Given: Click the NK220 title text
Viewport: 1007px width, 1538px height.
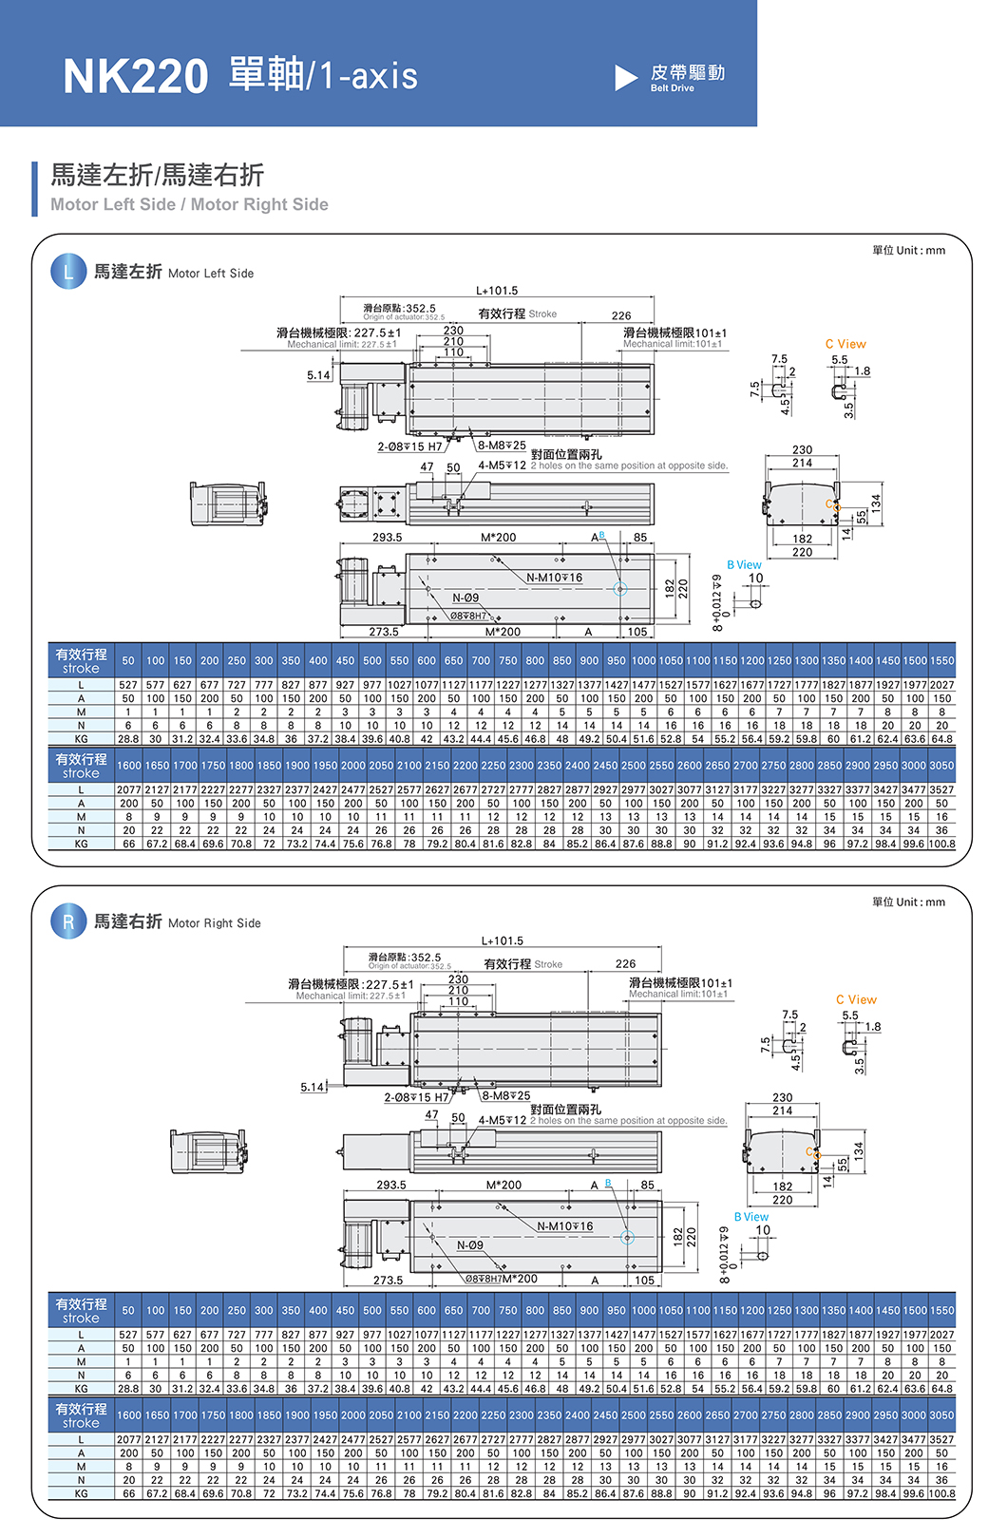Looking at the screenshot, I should click(135, 76).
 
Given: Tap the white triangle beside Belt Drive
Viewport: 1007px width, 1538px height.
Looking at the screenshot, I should click(625, 78).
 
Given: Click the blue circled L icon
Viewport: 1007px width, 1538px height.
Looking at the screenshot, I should click(67, 272).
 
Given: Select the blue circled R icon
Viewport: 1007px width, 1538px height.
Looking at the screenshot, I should click(67, 921).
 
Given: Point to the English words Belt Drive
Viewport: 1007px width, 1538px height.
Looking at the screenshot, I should click(672, 88).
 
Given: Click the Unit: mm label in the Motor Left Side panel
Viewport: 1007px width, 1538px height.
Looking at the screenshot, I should click(908, 251).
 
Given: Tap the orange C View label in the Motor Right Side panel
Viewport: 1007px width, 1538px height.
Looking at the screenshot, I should click(856, 999).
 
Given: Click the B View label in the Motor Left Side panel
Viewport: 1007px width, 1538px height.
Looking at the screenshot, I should click(744, 564).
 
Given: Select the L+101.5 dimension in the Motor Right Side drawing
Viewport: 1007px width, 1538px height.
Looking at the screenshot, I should click(503, 940).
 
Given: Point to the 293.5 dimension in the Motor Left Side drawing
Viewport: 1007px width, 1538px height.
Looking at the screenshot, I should click(387, 538).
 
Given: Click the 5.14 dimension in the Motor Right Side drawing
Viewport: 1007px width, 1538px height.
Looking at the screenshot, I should click(313, 1087).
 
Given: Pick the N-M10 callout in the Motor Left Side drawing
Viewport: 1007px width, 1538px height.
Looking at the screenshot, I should click(555, 578).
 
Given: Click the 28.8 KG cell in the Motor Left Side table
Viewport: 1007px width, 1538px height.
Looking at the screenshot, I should click(128, 738).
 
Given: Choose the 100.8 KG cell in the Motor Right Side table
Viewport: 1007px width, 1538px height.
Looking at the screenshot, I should click(941, 1493).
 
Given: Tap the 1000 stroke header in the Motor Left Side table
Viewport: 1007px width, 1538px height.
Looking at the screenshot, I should click(643, 660).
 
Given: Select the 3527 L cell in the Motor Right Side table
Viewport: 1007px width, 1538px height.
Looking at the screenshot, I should click(941, 1440).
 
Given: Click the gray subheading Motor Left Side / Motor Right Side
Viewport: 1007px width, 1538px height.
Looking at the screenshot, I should click(189, 204).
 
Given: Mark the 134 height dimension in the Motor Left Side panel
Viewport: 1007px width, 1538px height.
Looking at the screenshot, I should click(876, 502).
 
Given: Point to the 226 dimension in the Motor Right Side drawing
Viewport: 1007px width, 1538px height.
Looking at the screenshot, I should click(625, 963).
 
